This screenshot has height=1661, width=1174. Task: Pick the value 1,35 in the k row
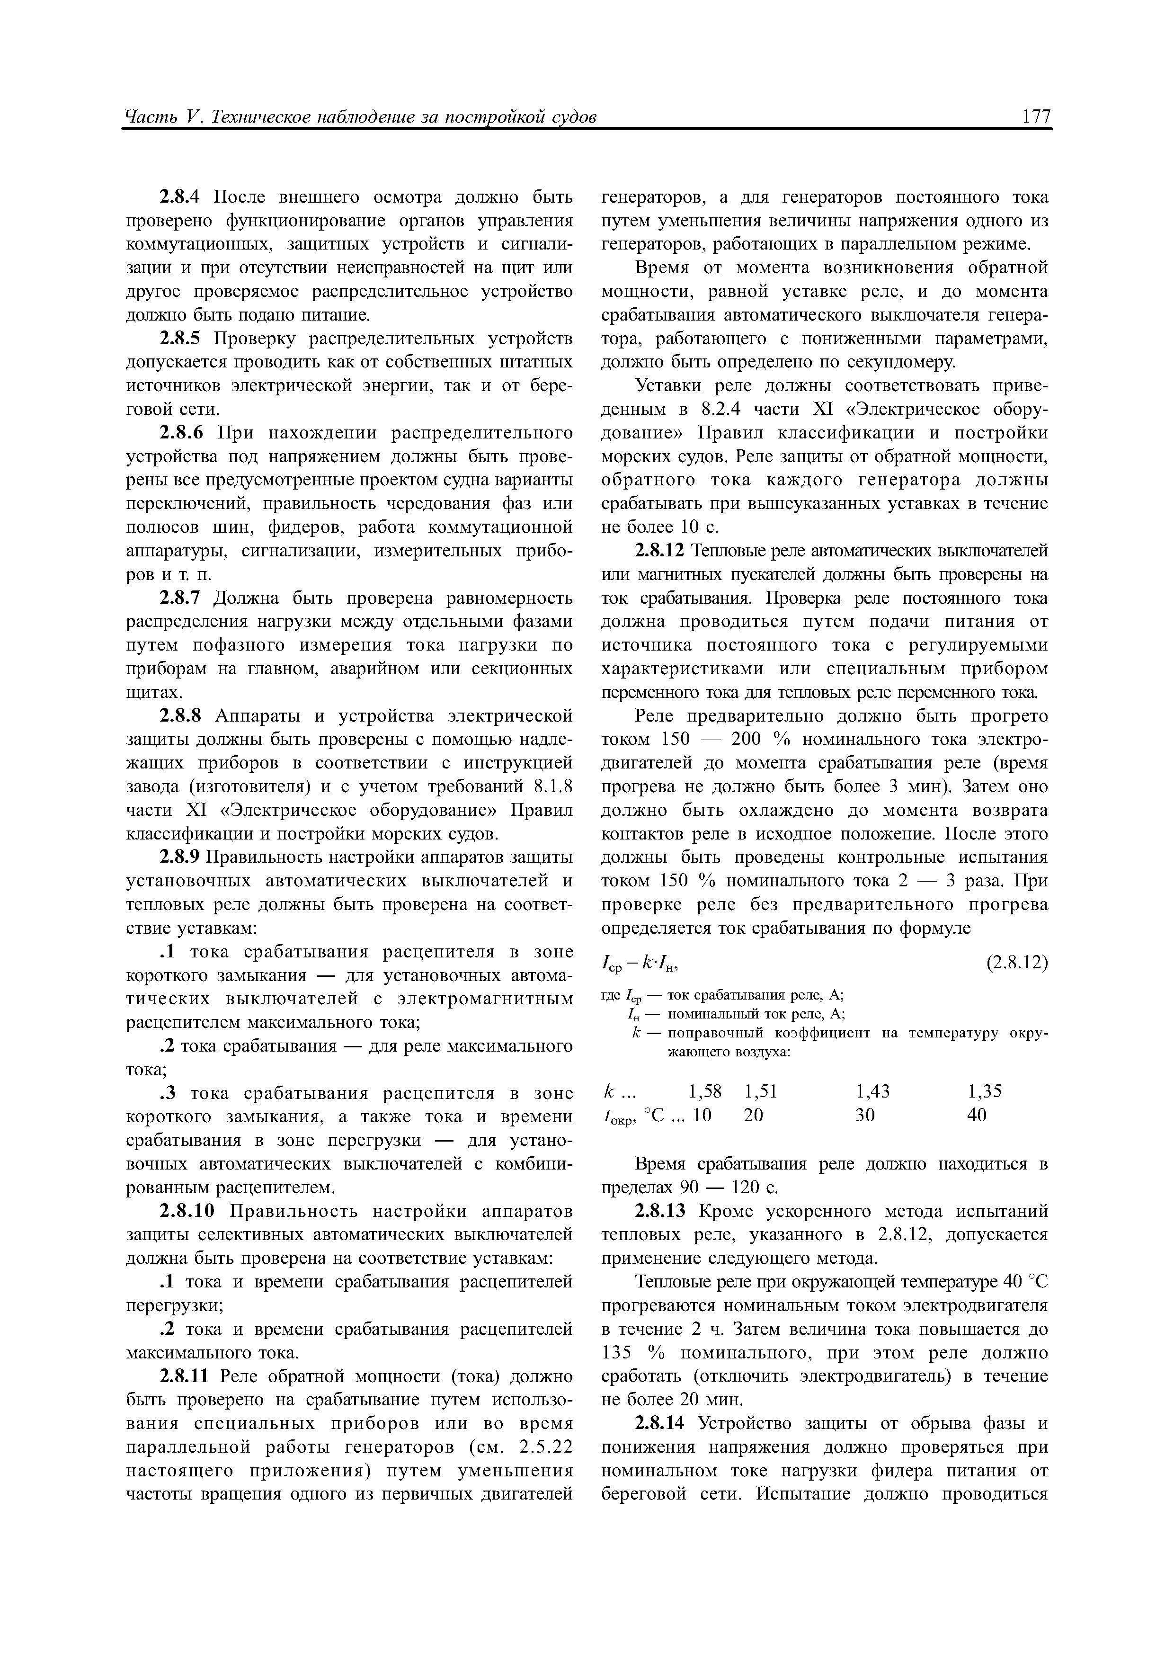pyautogui.click(x=985, y=1091)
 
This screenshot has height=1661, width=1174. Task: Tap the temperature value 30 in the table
pyautogui.click(x=865, y=1115)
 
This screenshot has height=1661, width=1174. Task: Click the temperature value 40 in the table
pyautogui.click(x=977, y=1115)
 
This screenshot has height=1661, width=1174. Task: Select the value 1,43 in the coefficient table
pyautogui.click(x=872, y=1091)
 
